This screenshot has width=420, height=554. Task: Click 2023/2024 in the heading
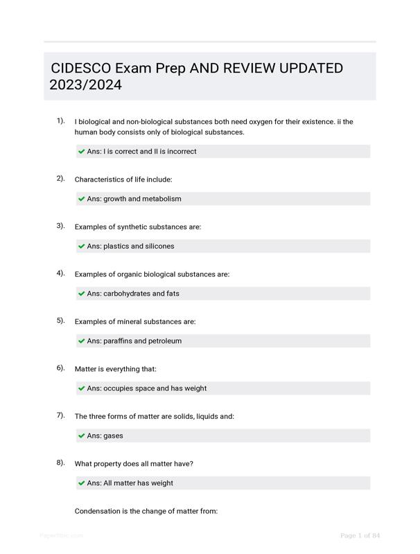85,85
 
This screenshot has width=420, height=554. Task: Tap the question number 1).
61,121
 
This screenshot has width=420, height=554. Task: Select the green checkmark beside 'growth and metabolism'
82,199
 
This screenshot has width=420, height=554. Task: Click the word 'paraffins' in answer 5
118,341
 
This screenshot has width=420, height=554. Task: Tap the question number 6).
61,368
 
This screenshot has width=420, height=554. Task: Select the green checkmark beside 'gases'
82,436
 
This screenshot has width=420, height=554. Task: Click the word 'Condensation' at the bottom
98,511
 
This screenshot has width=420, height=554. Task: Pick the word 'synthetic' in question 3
133,226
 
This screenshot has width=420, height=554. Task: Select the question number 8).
61,463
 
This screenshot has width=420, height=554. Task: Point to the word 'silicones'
159,246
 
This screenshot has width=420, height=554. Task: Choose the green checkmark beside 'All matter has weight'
82,483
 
